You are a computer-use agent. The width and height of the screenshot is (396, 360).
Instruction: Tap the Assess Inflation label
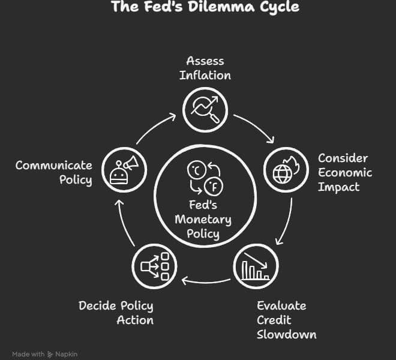[x=205, y=68]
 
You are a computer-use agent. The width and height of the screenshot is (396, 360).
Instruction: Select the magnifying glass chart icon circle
[x=205, y=109]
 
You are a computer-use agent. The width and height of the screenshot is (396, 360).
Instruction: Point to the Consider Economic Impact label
[x=344, y=172]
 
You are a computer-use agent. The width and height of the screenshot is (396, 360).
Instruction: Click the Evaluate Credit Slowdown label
[x=286, y=319]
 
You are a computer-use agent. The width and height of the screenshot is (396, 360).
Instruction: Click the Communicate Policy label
[x=54, y=172]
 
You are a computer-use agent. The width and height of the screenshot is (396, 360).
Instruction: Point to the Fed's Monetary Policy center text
[x=203, y=219]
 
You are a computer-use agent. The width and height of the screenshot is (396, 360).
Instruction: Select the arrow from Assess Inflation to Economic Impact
[x=256, y=127]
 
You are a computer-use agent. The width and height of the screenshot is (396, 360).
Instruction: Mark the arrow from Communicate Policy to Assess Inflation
[x=156, y=126]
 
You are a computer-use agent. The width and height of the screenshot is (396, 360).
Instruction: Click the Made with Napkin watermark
[x=44, y=354]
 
